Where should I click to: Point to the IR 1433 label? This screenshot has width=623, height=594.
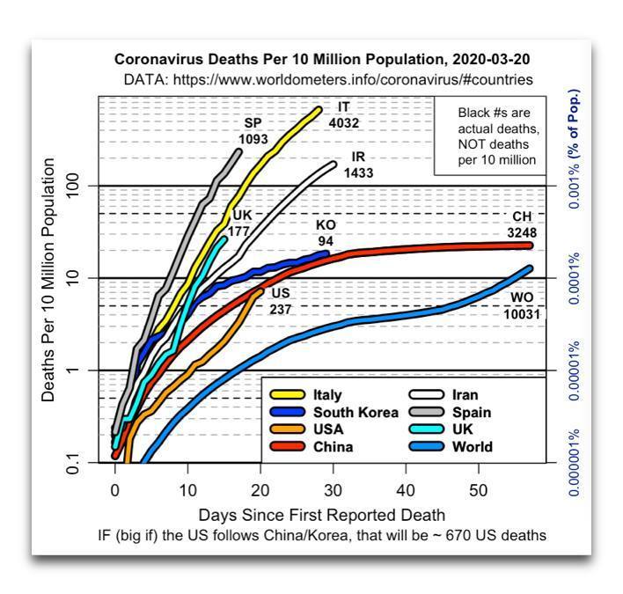click(x=358, y=165)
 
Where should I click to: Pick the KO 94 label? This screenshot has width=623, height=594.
click(x=326, y=234)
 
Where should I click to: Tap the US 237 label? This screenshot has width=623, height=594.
click(x=281, y=301)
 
